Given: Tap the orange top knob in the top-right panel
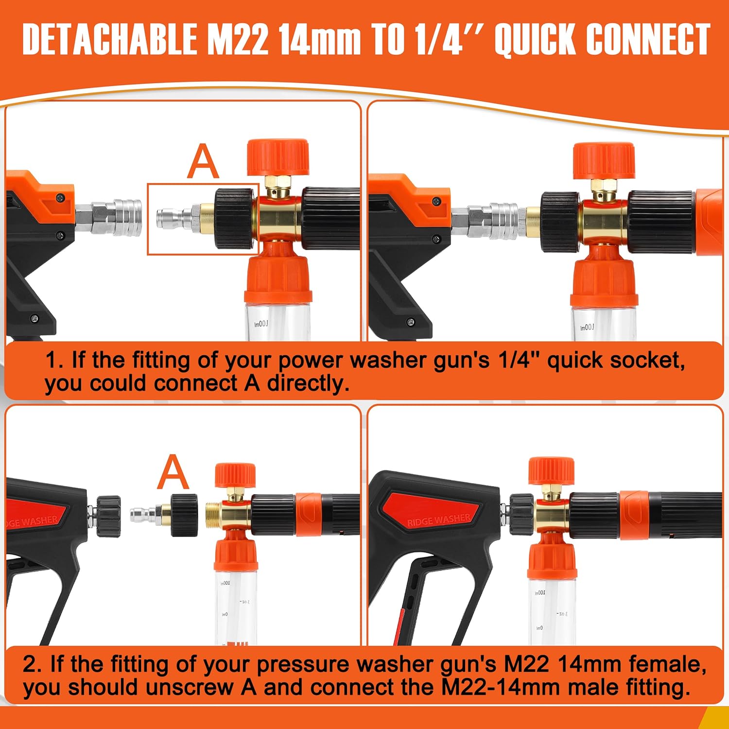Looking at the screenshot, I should [604, 160].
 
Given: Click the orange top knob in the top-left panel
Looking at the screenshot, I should [278, 157].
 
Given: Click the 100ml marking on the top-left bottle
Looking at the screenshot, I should [261, 324].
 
